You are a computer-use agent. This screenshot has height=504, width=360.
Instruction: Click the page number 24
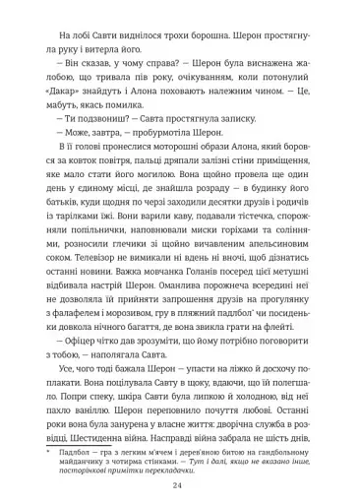pos(180,472)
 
